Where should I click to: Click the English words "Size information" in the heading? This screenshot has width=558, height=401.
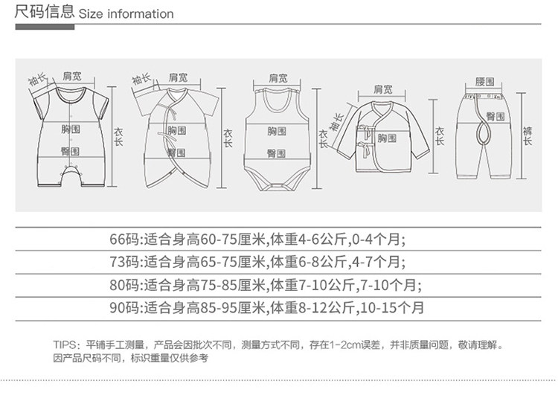pyautogui.click(x=126, y=13)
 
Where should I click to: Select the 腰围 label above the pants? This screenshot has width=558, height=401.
pyautogui.click(x=484, y=80)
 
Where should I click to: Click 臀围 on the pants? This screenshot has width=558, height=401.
pyautogui.click(x=496, y=117)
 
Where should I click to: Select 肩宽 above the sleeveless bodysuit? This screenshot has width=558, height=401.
pyautogui.click(x=278, y=77)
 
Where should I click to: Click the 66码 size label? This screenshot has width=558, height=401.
pyautogui.click(x=124, y=239)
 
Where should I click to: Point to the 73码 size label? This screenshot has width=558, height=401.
pyautogui.click(x=124, y=261)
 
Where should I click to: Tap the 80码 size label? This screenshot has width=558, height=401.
pyautogui.click(x=124, y=284)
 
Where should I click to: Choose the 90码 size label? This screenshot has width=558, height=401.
pyautogui.click(x=124, y=307)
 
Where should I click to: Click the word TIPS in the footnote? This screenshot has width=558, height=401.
pyautogui.click(x=65, y=345)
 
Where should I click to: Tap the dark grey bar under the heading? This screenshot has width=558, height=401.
pyautogui.click(x=45, y=27)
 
